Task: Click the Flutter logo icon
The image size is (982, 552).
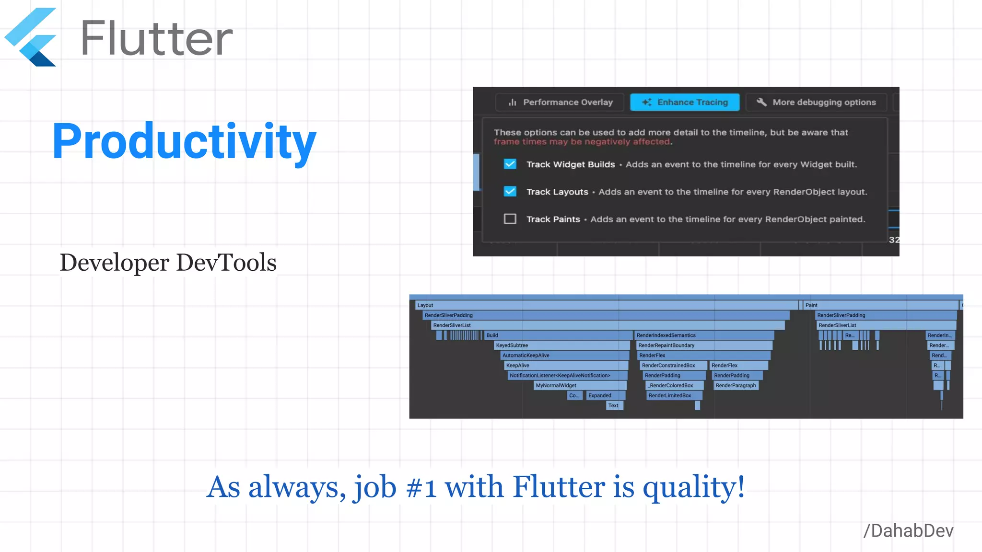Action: (31, 37)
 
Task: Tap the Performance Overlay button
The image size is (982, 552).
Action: (560, 102)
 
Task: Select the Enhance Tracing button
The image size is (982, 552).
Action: (685, 102)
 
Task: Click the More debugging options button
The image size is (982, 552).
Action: (816, 102)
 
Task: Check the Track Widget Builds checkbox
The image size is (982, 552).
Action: (510, 164)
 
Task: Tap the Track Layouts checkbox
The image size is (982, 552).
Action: (510, 192)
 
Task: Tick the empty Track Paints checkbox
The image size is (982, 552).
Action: (510, 219)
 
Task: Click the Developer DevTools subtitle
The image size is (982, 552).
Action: (168, 263)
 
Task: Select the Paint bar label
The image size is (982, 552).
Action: (811, 305)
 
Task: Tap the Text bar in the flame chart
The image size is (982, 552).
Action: (613, 405)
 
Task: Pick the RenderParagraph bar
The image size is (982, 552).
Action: (736, 385)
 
